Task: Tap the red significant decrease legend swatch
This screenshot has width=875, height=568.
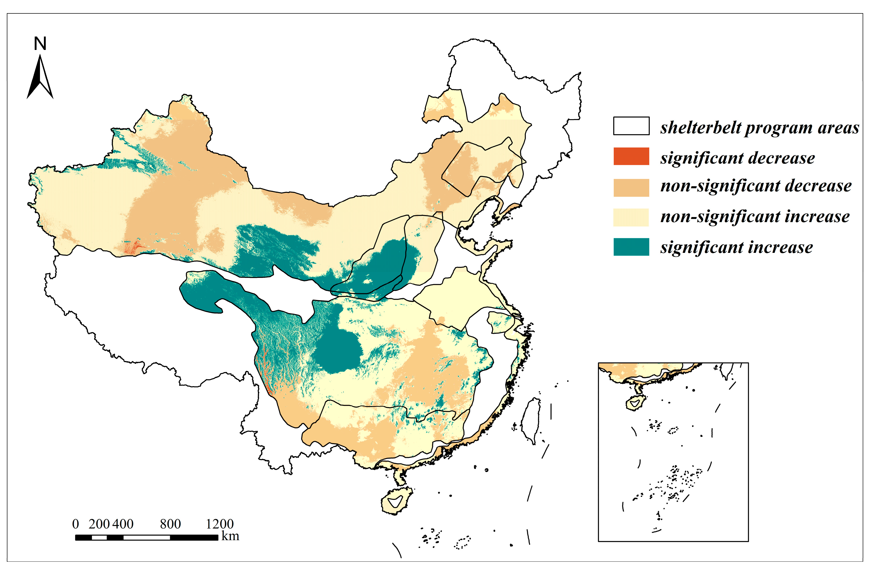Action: click(x=631, y=156)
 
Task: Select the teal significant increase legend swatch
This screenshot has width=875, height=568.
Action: click(x=631, y=247)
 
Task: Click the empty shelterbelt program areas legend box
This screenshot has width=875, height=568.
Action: click(x=631, y=126)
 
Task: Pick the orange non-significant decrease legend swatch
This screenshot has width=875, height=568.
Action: click(x=631, y=187)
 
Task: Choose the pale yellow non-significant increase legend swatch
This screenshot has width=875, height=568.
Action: click(x=631, y=217)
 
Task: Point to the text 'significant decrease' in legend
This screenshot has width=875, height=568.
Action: click(x=737, y=158)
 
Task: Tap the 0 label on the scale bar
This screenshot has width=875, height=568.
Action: click(x=75, y=524)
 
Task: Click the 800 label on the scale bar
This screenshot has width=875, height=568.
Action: click(x=170, y=524)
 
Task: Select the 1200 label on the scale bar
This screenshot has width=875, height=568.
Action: click(x=220, y=524)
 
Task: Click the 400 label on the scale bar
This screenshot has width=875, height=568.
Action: click(x=123, y=524)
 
